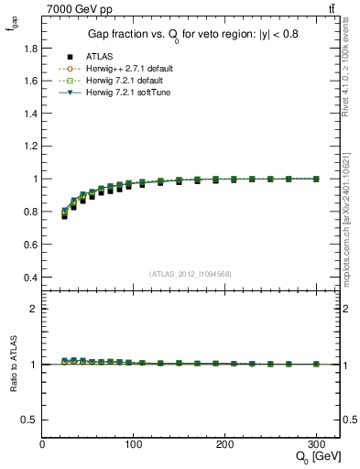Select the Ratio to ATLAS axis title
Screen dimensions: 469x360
12,365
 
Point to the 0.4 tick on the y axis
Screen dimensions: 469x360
31,278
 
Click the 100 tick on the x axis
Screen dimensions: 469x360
134,444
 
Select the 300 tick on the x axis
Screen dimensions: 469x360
316,444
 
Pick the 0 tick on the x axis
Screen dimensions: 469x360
42,444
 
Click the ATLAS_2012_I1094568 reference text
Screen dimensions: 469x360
191,275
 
